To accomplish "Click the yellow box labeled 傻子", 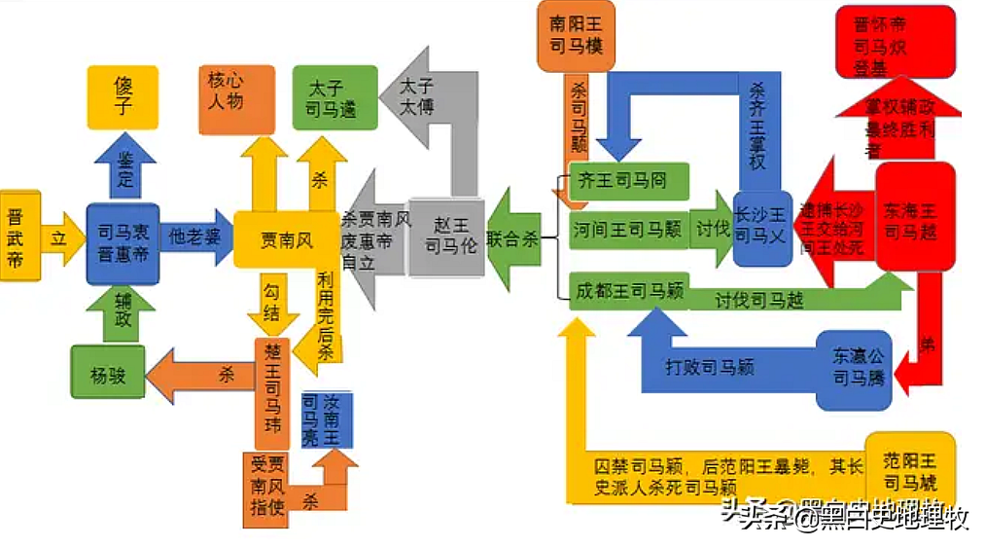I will point(123,97).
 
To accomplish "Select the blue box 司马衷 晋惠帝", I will point(123,244).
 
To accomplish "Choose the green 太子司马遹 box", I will point(334,97).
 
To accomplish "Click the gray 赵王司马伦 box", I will point(446,237).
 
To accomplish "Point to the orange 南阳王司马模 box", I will point(576,35).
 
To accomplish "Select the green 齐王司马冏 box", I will point(629,181).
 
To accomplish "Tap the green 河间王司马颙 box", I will point(629,230).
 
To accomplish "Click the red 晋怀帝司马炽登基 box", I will point(895,41).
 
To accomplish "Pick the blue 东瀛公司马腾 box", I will point(853,369).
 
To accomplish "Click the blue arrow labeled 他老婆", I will point(194,237).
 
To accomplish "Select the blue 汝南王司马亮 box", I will point(326,419).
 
